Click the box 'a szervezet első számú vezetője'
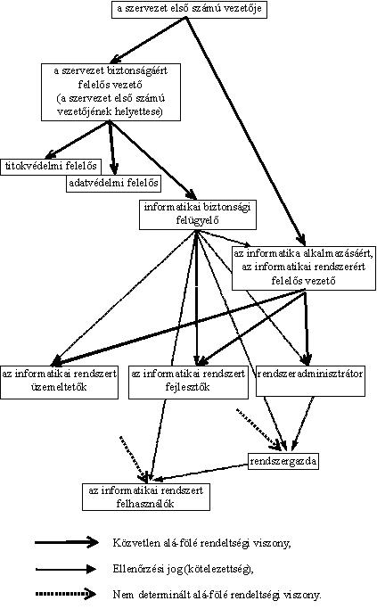pos(190,9)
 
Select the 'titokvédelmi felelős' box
pos(51,167)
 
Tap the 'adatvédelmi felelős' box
pos(113,184)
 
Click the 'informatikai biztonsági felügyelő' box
pos(198,214)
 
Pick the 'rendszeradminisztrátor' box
pos(310,381)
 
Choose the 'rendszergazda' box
pos(283,461)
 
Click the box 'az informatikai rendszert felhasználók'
pos(146,497)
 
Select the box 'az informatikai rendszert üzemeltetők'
pos(60,383)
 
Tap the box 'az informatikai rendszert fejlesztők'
pos(188,383)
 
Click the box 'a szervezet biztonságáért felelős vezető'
pos(111,92)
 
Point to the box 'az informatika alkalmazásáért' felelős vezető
pos(304,268)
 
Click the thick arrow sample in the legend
pos(67,542)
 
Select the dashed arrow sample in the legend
pos(66,594)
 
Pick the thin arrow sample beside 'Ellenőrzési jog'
pos(66,569)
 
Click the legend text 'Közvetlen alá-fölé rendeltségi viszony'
pos(201,543)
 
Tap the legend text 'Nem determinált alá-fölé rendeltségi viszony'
pos(217,594)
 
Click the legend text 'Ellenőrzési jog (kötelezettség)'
pos(184,569)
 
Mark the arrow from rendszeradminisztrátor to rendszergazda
pos(303,424)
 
